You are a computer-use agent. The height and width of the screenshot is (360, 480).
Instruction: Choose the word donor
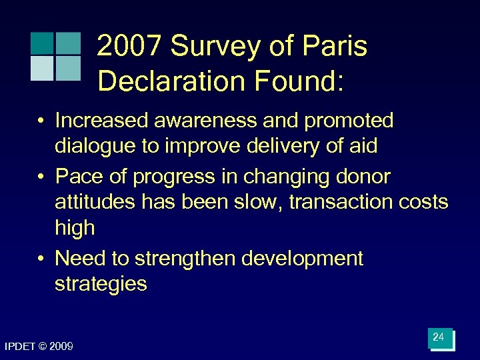(363, 177)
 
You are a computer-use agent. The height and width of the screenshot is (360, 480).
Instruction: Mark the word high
(75, 228)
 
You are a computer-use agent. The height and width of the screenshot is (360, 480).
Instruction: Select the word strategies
(101, 284)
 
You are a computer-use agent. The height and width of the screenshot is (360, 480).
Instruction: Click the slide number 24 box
(440, 339)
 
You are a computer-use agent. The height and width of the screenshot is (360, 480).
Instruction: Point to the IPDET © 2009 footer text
(39, 347)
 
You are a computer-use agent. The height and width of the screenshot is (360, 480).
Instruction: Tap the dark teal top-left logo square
(42, 43)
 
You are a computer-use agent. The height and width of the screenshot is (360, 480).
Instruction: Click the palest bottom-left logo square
(42, 68)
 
